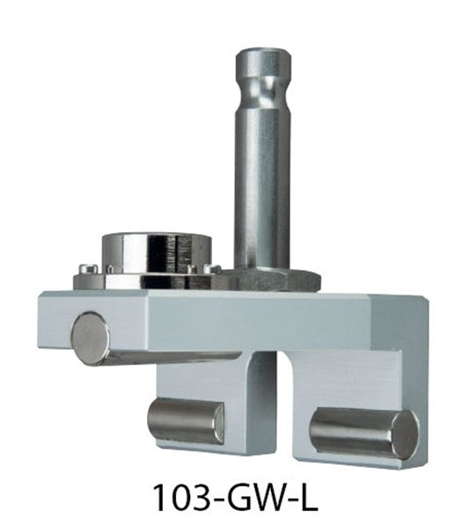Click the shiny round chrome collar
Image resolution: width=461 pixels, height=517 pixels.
tap(146, 252)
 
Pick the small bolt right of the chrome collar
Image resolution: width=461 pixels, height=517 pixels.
tap(211, 266)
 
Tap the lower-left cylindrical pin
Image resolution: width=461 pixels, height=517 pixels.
tap(185, 420)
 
